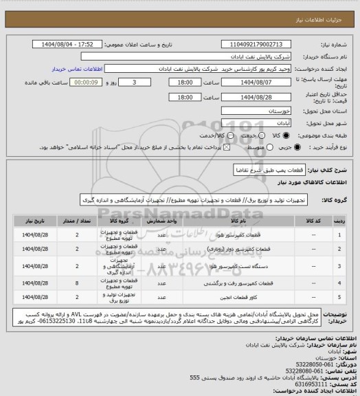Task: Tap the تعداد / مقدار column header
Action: (x=76, y=221)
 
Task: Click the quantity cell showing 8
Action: (x=76, y=282)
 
